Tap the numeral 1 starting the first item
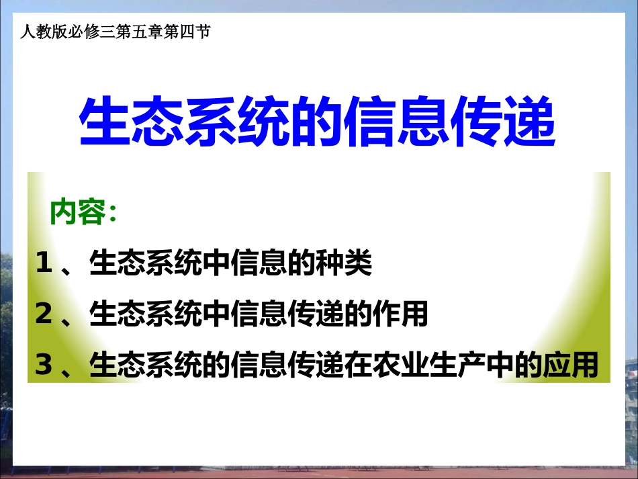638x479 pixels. coord(44,263)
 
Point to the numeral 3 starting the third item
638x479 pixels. coord(44,364)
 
